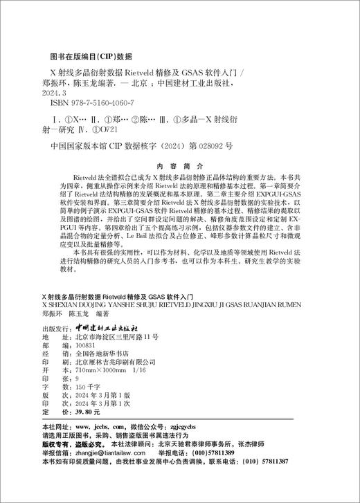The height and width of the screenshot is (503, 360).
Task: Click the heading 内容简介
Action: click(179, 167)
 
